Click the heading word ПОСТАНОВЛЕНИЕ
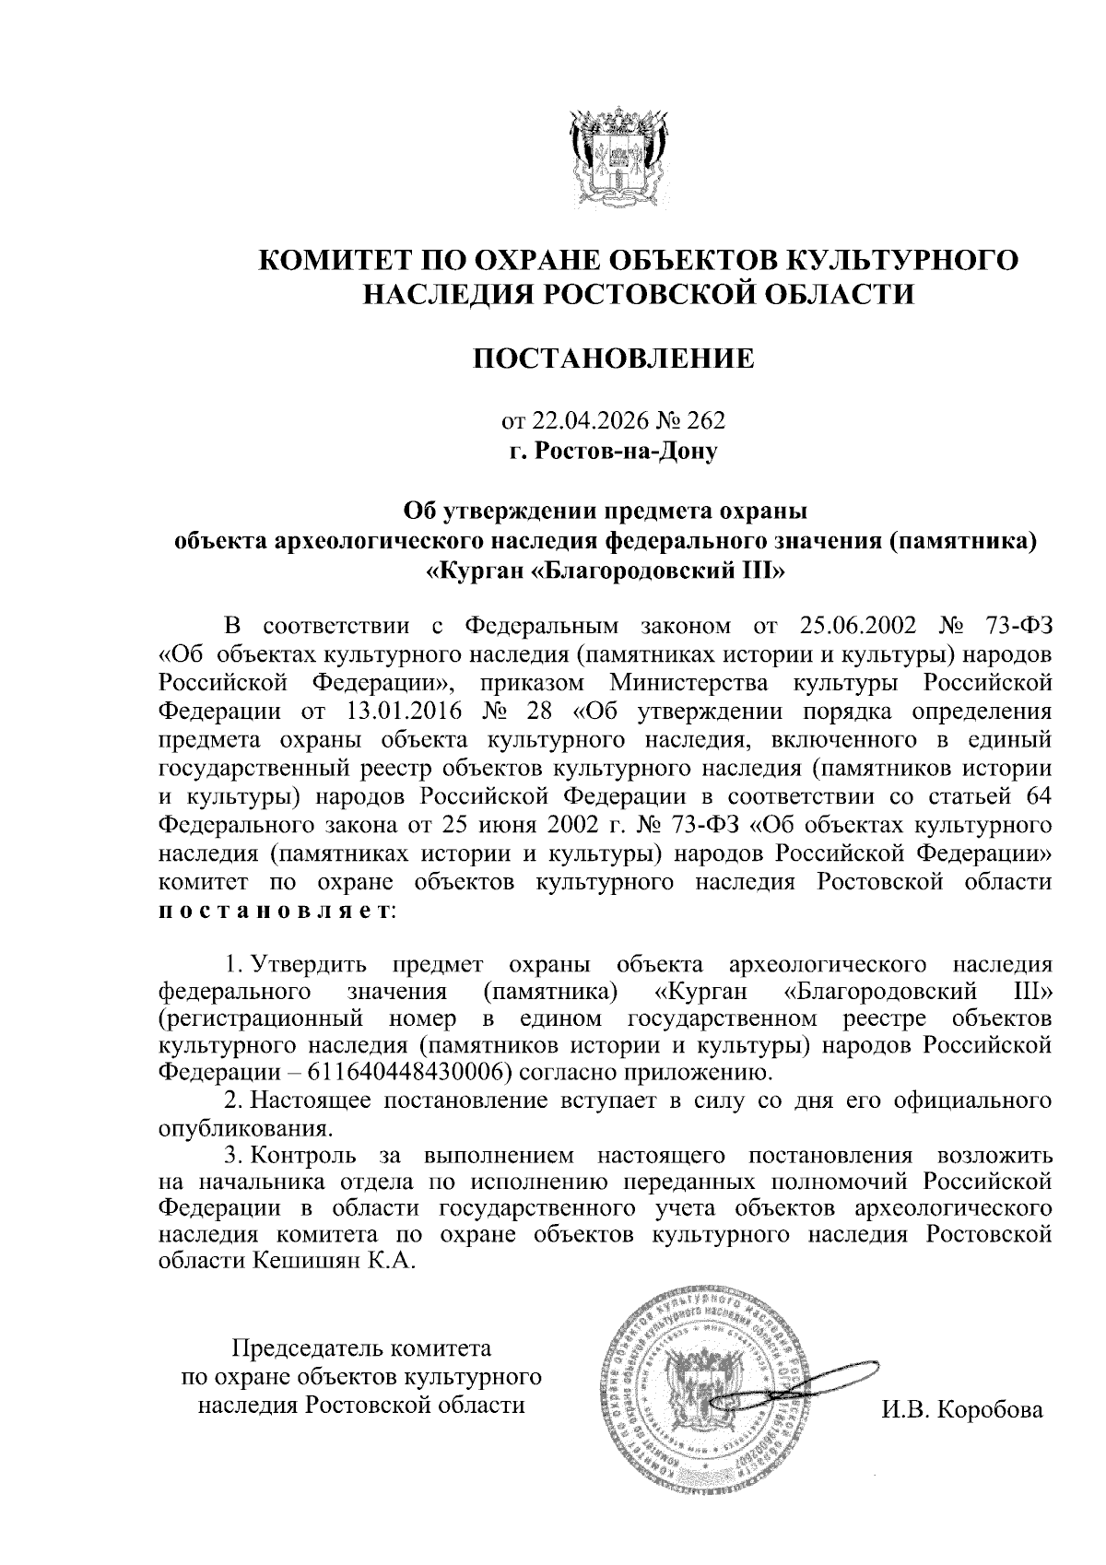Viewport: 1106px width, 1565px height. (x=613, y=359)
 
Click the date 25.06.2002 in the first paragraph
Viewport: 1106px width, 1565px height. (x=853, y=626)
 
